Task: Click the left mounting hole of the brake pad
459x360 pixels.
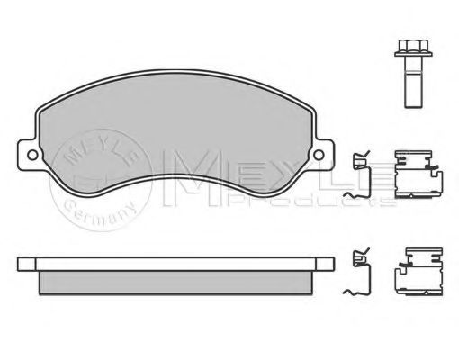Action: point(32,155)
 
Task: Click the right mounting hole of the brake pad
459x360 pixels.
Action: point(319,155)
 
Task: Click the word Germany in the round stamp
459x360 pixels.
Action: point(99,213)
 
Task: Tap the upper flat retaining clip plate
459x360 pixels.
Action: point(418,174)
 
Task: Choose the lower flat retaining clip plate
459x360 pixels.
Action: point(419,272)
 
